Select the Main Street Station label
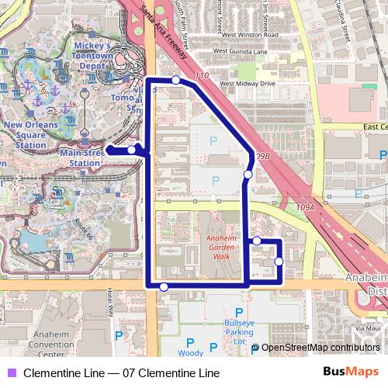(85, 158)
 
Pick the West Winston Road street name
(250, 35)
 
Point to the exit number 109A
(306, 208)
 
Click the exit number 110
(203, 75)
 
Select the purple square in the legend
(12, 373)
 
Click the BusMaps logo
(349, 372)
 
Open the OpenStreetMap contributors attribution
(320, 348)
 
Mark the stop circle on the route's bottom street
(163, 287)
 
